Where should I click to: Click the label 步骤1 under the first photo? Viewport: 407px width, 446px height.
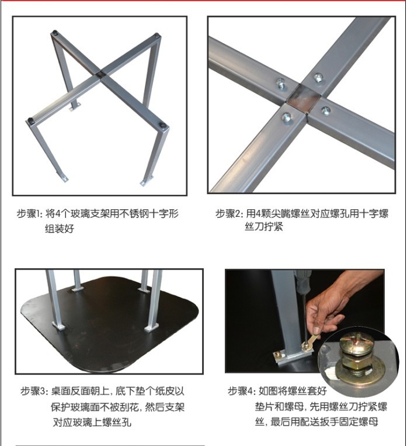point(29,213)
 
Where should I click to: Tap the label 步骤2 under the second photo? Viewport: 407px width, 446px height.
point(228,213)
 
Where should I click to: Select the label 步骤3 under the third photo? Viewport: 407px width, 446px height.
point(33,391)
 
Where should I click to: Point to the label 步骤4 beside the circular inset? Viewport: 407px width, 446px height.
point(240,391)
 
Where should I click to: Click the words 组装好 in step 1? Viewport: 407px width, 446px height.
point(60,229)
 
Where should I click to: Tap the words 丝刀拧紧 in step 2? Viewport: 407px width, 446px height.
point(263,227)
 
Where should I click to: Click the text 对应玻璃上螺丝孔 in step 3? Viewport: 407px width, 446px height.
point(92,422)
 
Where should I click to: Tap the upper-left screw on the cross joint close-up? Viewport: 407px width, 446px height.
point(281,84)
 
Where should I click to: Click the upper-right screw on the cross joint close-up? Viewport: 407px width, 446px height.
point(319,77)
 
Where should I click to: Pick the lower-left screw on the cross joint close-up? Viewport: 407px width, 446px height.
point(287,117)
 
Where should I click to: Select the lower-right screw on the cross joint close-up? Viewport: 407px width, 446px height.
point(326,110)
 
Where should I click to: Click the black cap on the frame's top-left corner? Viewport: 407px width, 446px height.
point(55,33)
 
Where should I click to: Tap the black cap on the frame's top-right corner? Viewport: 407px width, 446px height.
point(156,36)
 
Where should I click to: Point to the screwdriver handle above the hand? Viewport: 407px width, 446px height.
point(303,282)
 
